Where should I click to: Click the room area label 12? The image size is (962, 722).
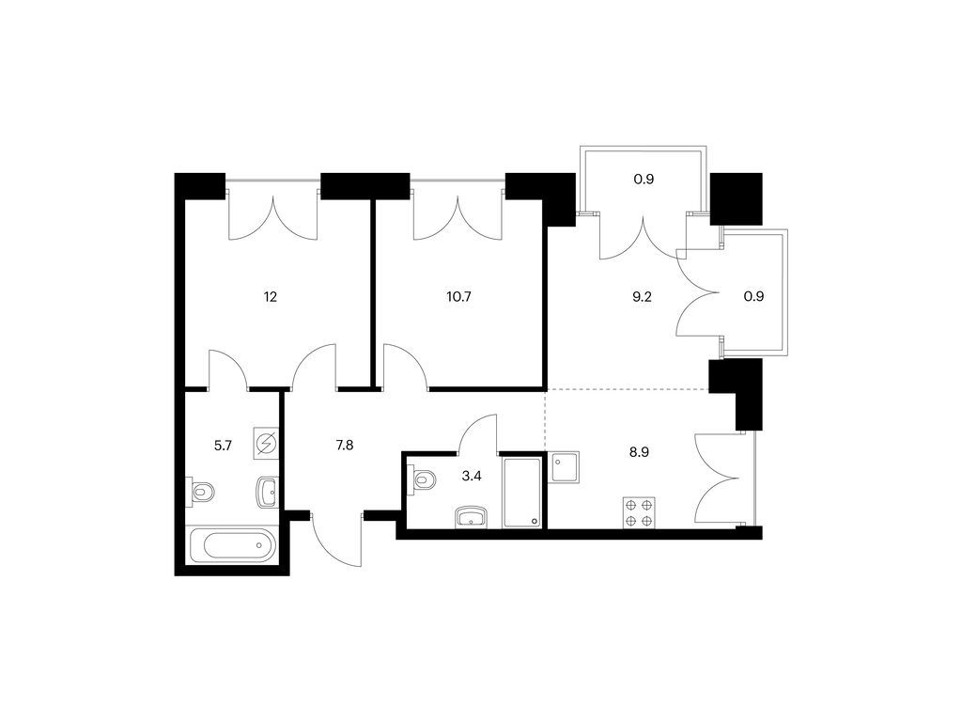[x=271, y=297]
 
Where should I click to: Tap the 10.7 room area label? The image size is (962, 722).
[x=458, y=297]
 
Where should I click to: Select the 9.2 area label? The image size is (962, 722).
[x=642, y=297]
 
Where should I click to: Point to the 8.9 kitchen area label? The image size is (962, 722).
[x=639, y=452]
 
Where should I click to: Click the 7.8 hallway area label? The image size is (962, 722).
[x=345, y=445]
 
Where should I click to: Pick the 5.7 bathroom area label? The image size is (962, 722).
[x=223, y=446]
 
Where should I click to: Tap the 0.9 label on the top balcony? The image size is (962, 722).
[x=644, y=180]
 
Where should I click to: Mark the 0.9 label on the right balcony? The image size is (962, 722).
[x=754, y=296]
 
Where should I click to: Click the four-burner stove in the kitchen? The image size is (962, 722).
[x=639, y=512]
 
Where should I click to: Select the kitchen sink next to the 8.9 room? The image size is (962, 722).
[x=565, y=467]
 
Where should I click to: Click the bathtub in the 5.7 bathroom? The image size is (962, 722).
[x=233, y=545]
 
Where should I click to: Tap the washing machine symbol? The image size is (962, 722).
[x=266, y=444]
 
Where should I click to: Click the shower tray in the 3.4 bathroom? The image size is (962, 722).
[x=522, y=493]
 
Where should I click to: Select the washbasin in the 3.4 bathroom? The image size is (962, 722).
[x=472, y=517]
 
